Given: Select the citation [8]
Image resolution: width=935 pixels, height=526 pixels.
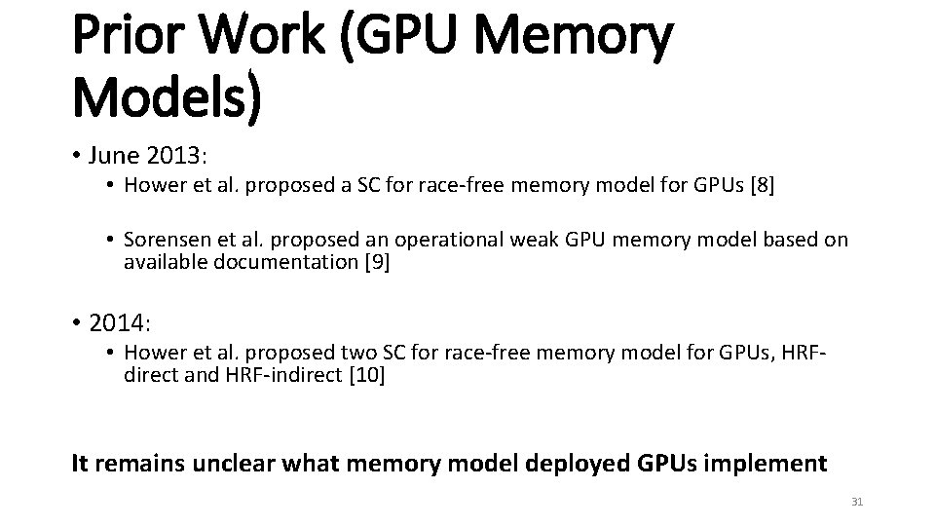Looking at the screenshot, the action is pos(760,187).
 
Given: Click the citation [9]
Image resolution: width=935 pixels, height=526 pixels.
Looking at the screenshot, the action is pos(375,261).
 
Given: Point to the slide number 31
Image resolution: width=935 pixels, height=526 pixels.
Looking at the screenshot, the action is pos(857,502).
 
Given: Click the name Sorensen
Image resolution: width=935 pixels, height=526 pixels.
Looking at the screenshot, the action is pos(168,241).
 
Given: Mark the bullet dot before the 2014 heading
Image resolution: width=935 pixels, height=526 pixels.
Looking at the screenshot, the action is pos(79,319).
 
